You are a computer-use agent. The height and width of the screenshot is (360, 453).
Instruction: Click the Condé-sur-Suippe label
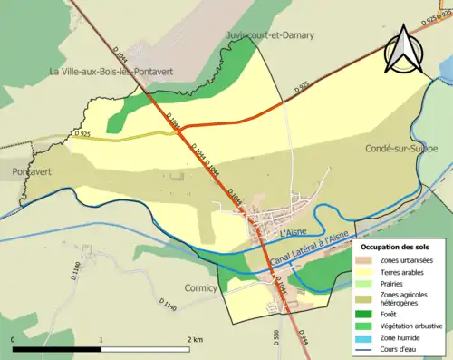(x=401, y=148)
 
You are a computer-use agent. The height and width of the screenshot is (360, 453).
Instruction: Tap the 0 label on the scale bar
(x=14, y=338)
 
